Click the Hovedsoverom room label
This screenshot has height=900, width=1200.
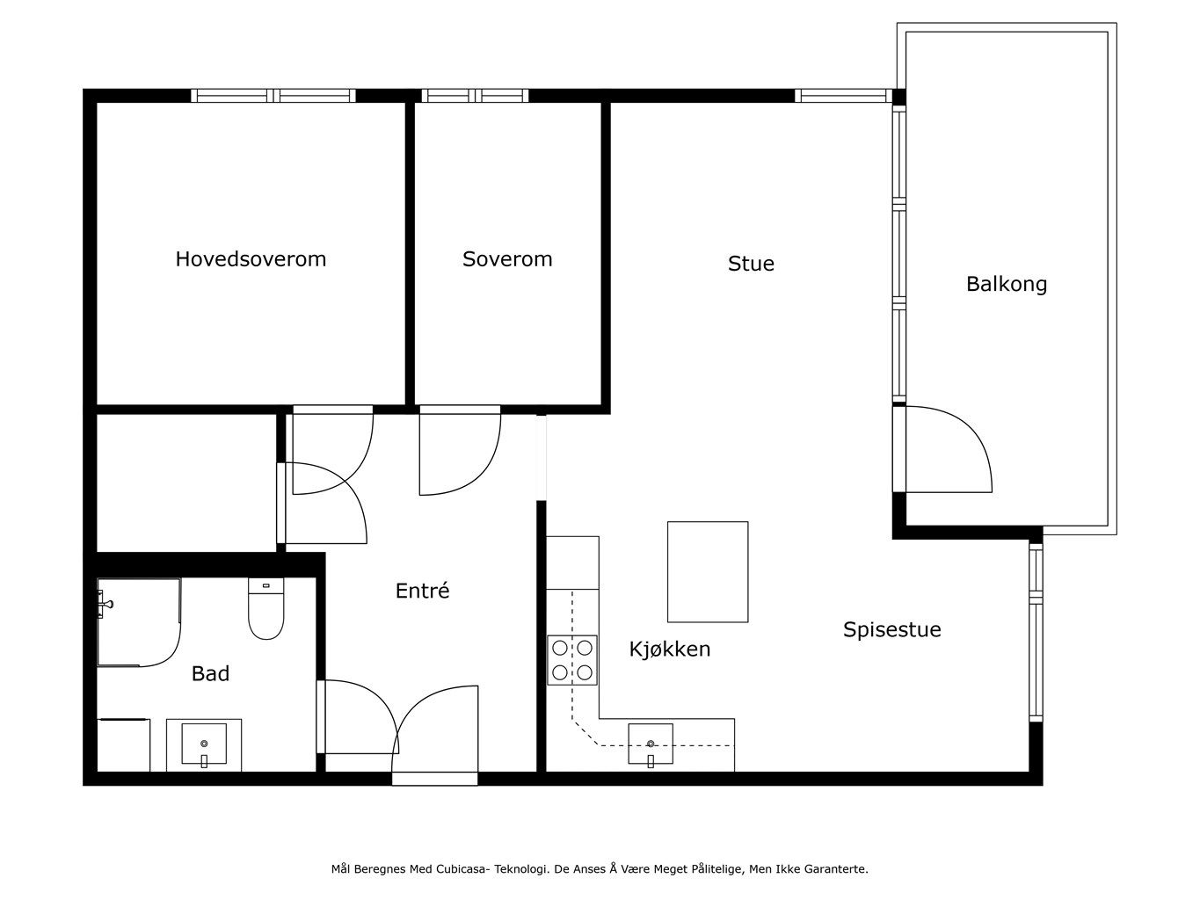click(x=251, y=259)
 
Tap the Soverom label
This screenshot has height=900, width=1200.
click(x=506, y=259)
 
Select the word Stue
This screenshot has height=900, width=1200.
click(x=751, y=264)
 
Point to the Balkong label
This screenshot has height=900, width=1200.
click(x=1006, y=285)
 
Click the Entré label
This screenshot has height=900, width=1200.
click(x=422, y=590)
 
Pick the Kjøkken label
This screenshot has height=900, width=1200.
click(x=669, y=650)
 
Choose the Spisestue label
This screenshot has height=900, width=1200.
click(x=891, y=629)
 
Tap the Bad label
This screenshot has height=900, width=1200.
click(x=210, y=674)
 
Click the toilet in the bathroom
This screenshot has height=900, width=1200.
click(x=266, y=608)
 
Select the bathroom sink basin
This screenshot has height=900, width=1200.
click(x=204, y=744)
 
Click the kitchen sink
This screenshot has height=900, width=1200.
click(x=651, y=744)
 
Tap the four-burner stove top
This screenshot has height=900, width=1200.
click(x=571, y=660)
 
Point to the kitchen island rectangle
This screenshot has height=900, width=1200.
click(x=708, y=571)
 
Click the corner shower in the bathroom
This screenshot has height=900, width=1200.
click(x=139, y=622)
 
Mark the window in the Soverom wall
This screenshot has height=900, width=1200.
click(x=475, y=96)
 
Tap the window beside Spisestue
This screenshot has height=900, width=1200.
click(x=1036, y=632)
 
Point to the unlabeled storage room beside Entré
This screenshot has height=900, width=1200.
click(x=186, y=483)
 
